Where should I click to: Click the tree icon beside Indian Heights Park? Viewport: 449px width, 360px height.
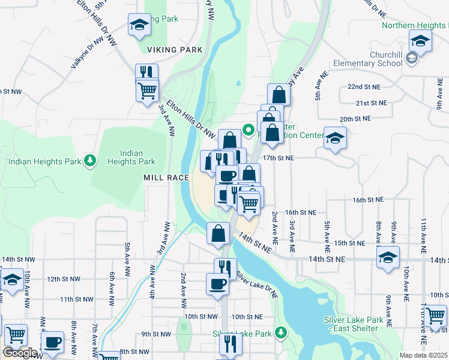pos(90,160)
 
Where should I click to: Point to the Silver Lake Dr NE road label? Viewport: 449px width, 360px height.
pos(257,285)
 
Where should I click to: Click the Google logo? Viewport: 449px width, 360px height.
pos(19,353)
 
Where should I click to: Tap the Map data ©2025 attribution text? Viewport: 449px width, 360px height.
pos(424,355)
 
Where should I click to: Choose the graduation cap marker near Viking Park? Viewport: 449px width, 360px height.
pos(139,25)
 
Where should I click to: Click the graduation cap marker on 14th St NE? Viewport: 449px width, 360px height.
pos(388,258)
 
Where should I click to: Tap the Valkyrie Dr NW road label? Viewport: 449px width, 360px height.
pos(87,52)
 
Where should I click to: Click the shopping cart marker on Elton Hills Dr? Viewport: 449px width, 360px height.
pos(147,91)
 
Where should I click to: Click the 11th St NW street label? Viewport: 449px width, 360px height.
pos(76,299)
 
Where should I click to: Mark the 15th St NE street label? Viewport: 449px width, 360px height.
pos(349,243)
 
